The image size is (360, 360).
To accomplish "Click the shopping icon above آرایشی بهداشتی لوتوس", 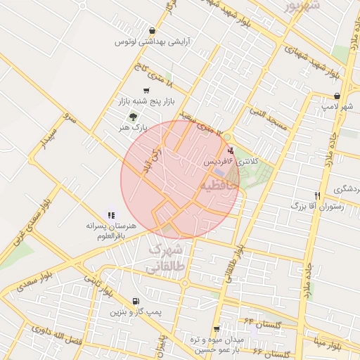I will pyautogui.click(x=153, y=30).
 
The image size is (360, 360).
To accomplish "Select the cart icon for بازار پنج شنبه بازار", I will pyautogui.click(x=146, y=91).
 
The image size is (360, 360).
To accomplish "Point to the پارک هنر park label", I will pyautogui.click(x=134, y=128).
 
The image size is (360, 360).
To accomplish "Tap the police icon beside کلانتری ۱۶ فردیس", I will pyautogui.click(x=231, y=150).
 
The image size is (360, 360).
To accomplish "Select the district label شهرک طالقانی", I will pyautogui.click(x=165, y=259).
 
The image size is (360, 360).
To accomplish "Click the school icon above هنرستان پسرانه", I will pyautogui.click(x=110, y=214).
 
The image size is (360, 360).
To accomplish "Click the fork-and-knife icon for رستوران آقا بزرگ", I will pyautogui.click(x=318, y=195).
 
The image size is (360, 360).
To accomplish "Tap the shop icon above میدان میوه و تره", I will pyautogui.click(x=216, y=328).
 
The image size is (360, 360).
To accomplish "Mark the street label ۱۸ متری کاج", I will pyautogui.click(x=152, y=75).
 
